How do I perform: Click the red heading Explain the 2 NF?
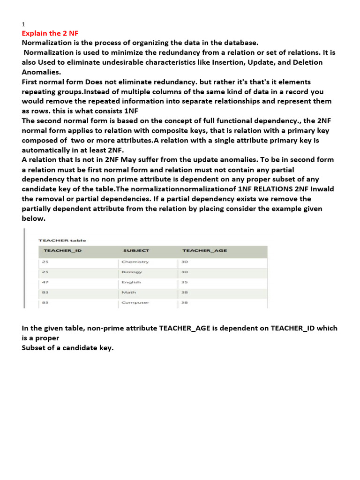[x=48, y=33]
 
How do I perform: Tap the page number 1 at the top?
[x=23, y=24]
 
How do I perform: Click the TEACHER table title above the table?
[x=62, y=240]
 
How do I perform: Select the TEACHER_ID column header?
[x=62, y=250]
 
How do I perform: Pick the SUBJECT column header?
[x=136, y=250]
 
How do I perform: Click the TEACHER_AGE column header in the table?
[x=204, y=250]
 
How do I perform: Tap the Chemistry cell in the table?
[x=135, y=262]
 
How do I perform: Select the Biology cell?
[x=132, y=272]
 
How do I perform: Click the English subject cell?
[x=131, y=282]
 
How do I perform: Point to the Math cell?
[x=129, y=292]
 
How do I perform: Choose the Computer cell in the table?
[x=135, y=302]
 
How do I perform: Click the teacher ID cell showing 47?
[x=45, y=282]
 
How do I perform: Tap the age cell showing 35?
[x=185, y=282]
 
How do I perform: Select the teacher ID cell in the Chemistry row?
[x=45, y=262]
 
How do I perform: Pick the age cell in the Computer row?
[x=185, y=302]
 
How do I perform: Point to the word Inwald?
[x=324, y=189]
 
